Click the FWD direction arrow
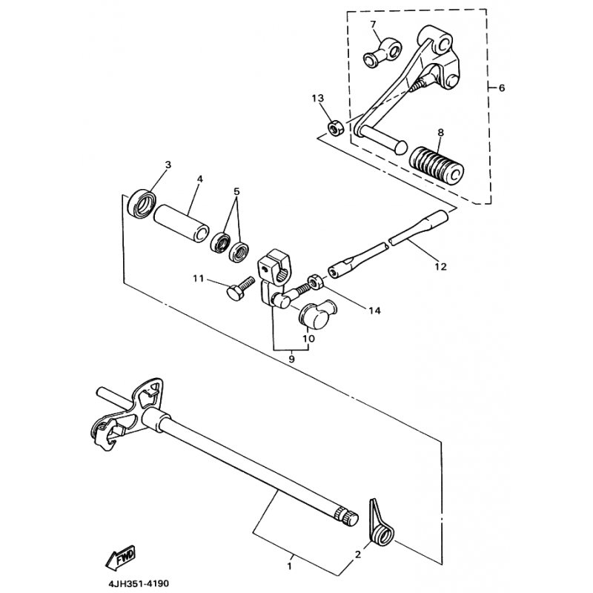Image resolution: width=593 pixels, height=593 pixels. tap(121, 557)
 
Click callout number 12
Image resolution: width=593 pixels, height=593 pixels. tap(440, 267)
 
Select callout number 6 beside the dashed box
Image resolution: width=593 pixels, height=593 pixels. tap(502, 88)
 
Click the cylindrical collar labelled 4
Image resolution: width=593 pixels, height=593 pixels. tap(182, 222)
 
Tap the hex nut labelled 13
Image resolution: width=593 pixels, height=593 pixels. tap(335, 127)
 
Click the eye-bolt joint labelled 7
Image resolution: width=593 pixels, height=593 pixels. tap(381, 54)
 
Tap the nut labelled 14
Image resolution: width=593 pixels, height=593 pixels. tap(315, 281)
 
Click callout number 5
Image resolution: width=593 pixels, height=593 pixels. tap(236, 192)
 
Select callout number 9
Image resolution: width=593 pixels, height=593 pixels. tap(291, 359)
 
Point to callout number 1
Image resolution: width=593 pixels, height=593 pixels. tap(290, 566)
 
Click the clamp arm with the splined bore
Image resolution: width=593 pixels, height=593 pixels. tap(275, 277)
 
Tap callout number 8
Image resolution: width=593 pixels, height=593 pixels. tap(440, 133)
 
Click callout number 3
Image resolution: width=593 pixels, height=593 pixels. tap(168, 165)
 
